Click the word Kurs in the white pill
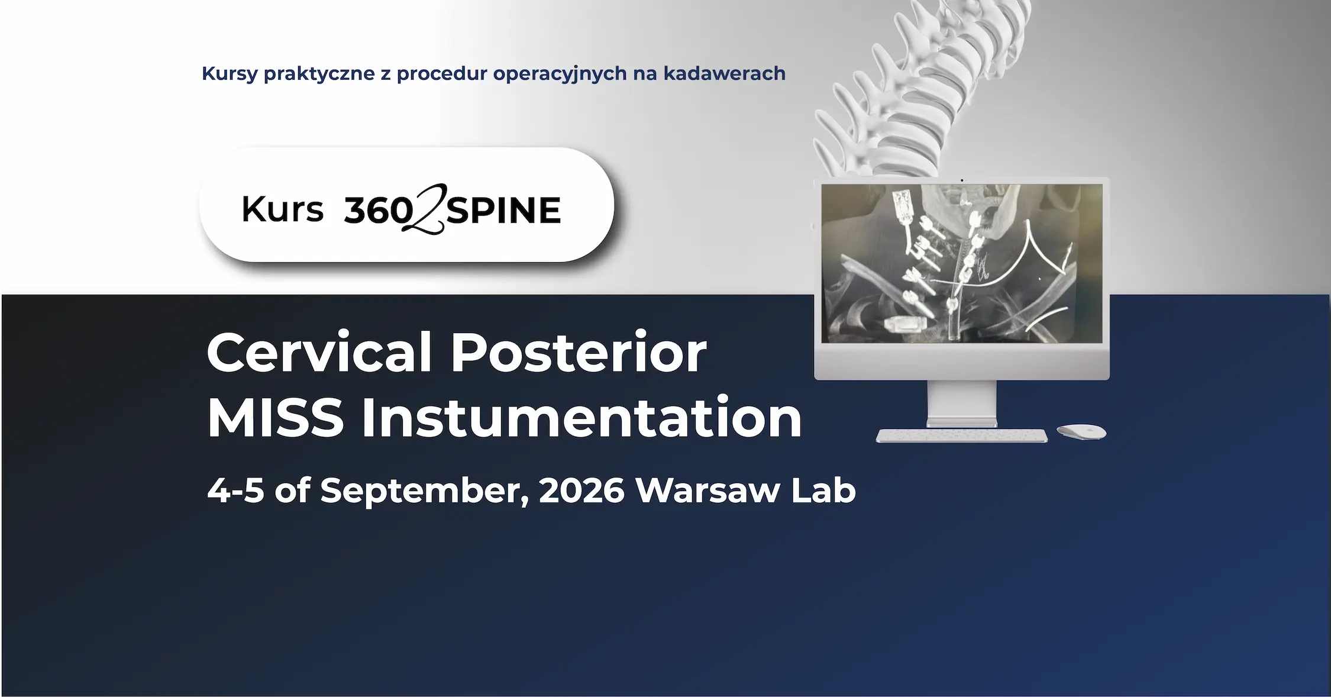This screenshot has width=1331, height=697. click(282, 209)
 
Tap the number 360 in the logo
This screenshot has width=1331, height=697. click(377, 211)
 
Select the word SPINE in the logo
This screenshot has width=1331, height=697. click(503, 211)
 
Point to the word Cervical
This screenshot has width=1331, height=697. click(319, 353)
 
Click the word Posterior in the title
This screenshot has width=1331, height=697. click(578, 353)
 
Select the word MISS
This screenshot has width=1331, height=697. click(275, 418)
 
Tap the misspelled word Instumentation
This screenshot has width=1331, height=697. click(581, 418)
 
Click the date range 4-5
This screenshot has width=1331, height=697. click(235, 491)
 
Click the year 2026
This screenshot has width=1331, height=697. click(581, 491)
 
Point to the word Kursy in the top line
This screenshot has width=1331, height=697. click(229, 74)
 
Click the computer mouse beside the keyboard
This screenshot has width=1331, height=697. click(1081, 431)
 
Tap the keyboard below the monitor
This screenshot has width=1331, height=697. click(961, 436)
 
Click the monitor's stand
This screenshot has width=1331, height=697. click(961, 404)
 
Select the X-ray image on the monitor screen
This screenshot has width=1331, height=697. click(961, 263)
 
